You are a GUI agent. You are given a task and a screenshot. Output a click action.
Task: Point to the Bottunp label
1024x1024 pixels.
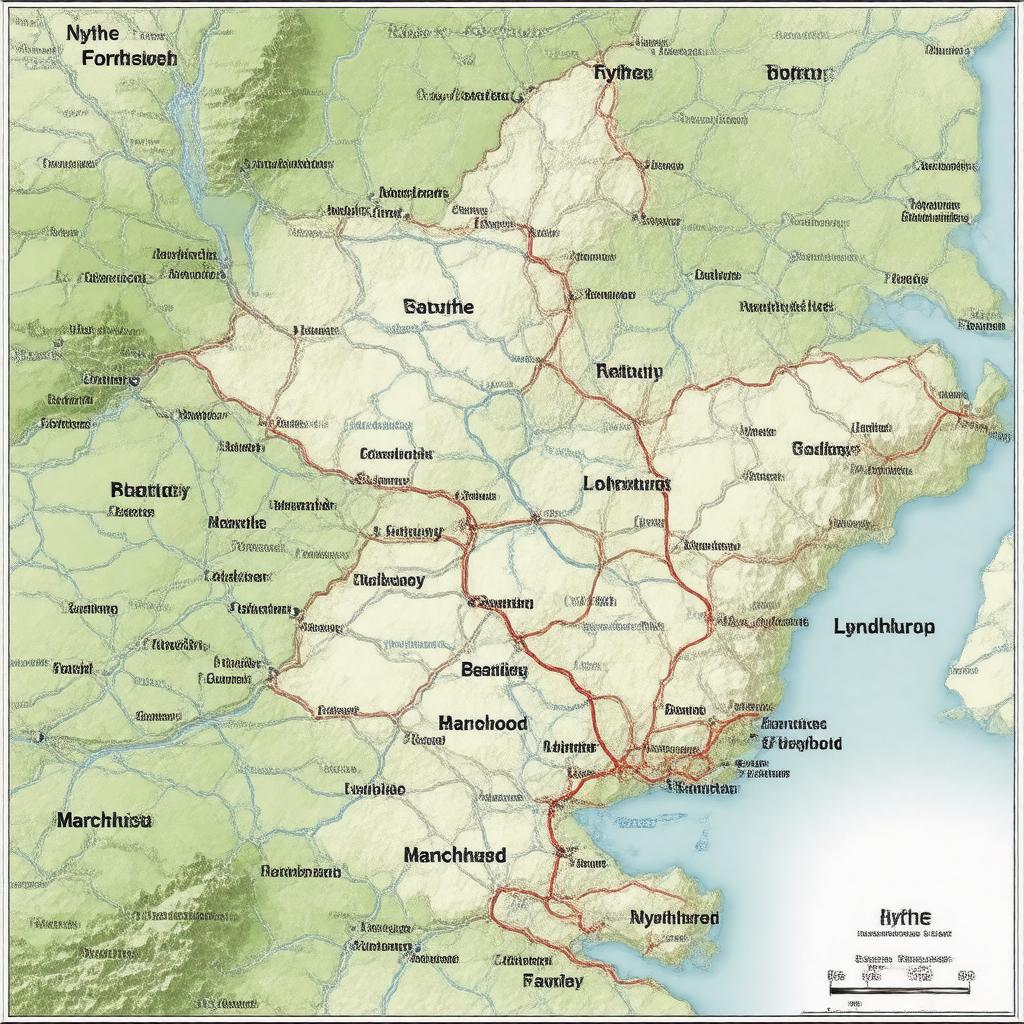click(x=799, y=72)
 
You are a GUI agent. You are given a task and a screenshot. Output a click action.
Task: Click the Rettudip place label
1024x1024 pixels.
click(x=628, y=371)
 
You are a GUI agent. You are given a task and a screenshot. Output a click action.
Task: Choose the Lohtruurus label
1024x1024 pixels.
click(x=626, y=483)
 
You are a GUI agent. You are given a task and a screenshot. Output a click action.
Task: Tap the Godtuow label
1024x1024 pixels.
click(x=825, y=449)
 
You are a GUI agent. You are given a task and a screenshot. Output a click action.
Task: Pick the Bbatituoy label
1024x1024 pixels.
click(x=149, y=490)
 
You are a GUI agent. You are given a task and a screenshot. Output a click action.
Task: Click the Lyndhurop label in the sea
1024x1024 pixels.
click(x=884, y=627)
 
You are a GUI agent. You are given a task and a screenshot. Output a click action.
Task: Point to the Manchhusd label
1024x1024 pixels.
click(x=455, y=855)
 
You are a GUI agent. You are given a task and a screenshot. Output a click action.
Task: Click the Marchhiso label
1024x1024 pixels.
click(x=104, y=820)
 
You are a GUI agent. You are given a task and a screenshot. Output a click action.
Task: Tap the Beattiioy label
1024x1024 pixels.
click(x=493, y=671)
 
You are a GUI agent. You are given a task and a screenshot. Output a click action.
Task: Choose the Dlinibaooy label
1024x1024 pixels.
click(x=389, y=580)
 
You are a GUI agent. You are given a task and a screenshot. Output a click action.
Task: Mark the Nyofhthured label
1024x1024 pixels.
click(x=674, y=917)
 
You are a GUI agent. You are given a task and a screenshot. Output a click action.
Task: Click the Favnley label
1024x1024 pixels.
click(x=553, y=980)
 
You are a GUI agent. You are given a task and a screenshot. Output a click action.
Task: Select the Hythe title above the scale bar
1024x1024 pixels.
click(x=904, y=916)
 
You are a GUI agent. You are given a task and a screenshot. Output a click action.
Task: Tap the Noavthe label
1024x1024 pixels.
click(x=237, y=522)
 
